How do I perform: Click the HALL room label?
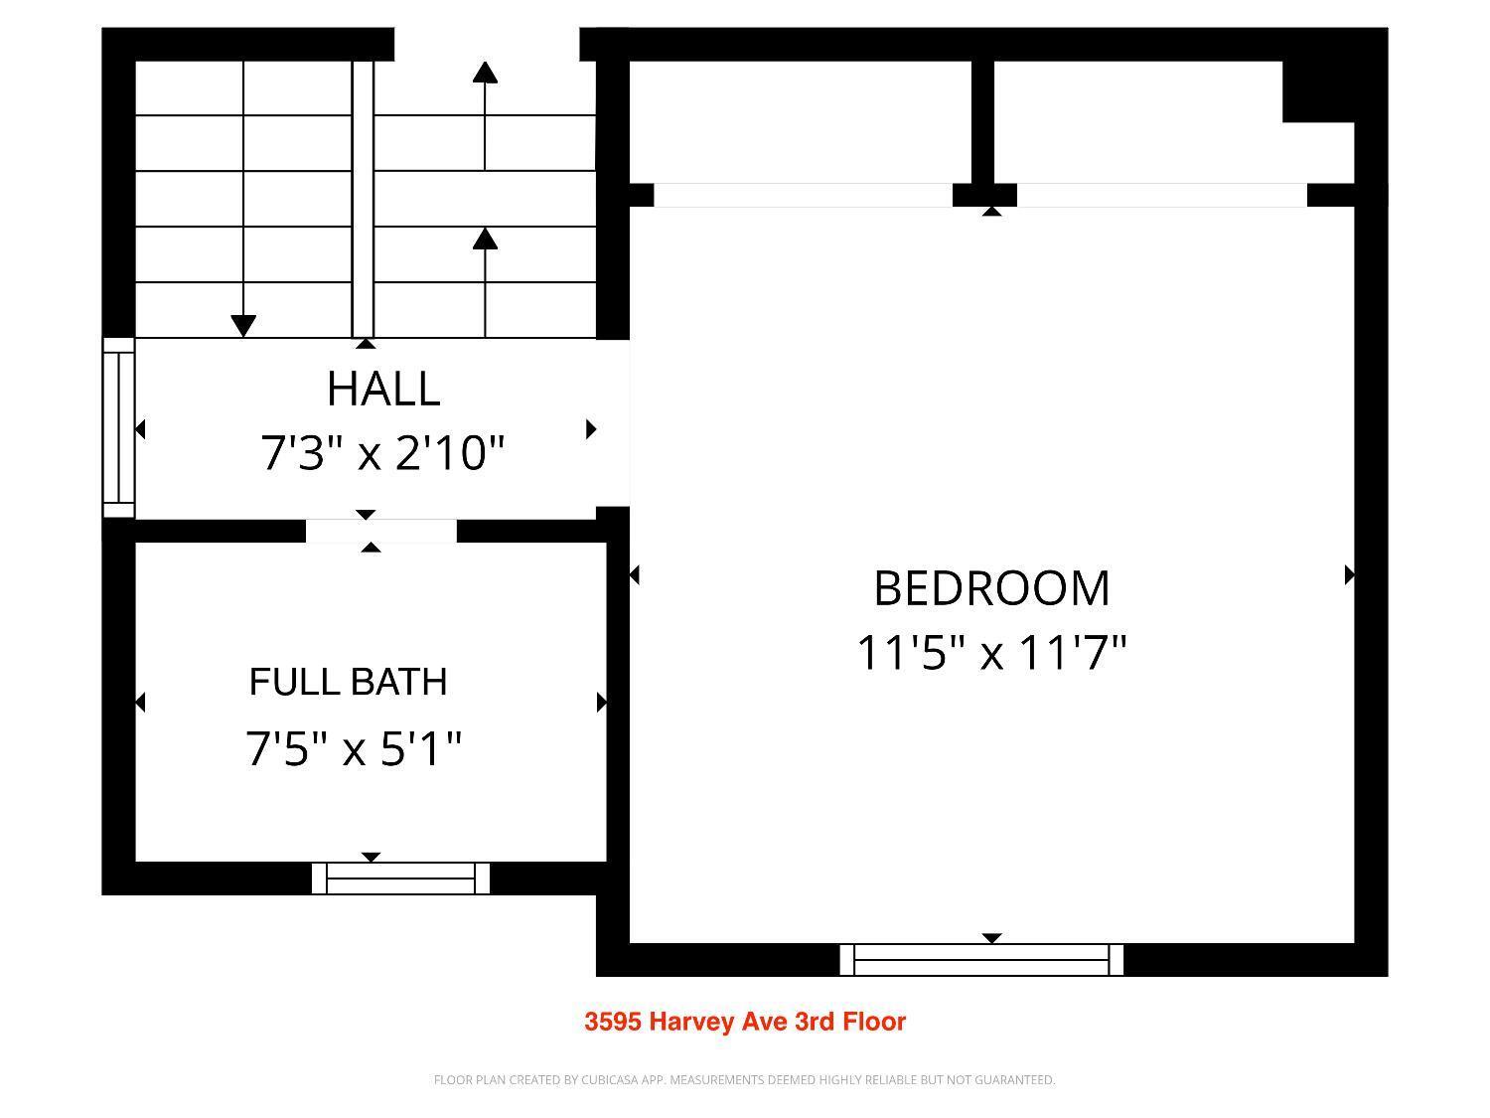383,389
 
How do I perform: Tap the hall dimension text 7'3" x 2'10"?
382,453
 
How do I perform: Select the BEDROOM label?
991,588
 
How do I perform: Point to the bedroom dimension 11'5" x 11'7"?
991,652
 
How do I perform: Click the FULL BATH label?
349,682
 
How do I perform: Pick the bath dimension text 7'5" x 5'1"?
353,748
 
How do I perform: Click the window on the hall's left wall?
119,428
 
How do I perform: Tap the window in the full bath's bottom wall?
400,878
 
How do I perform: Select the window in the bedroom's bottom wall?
981,960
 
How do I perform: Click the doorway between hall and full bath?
380,531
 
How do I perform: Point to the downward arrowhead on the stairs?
243,326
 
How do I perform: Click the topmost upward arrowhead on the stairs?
485,72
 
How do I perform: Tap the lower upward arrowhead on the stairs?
485,239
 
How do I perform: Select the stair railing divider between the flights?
363,199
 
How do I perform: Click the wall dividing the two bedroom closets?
983,122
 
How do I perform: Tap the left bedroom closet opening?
803,195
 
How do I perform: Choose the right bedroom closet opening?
1162,195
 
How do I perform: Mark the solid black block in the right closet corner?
1317,91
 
